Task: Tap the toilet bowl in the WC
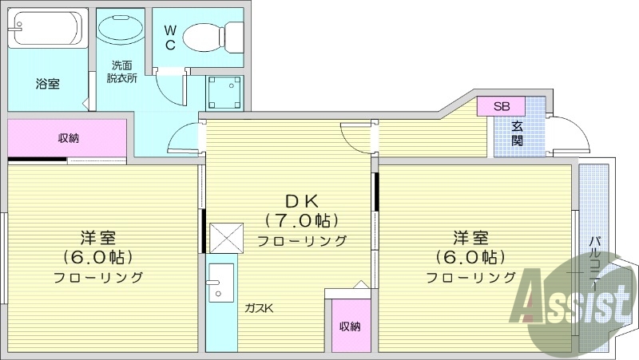(x=212, y=36)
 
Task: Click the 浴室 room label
(x=47, y=83)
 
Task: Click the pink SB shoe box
(x=501, y=106)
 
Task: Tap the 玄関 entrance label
(x=518, y=133)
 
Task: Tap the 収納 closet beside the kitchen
(x=348, y=325)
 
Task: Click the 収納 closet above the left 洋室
(x=68, y=138)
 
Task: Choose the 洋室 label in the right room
(x=470, y=238)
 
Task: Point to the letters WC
(x=170, y=37)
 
